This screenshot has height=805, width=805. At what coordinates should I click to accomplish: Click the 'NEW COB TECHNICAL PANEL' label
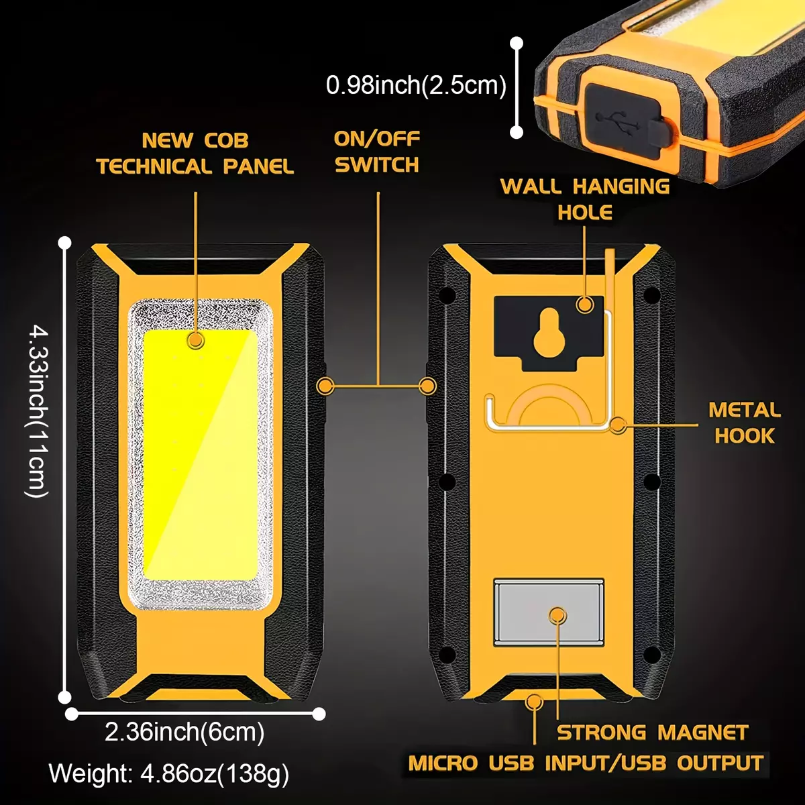point(195,154)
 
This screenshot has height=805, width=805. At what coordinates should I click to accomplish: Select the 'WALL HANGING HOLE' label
point(585,199)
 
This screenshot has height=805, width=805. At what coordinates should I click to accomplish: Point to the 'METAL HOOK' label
point(745,423)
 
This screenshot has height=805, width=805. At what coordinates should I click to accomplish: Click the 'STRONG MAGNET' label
point(653,733)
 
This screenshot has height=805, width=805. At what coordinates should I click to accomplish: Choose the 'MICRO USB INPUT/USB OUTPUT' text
point(586,763)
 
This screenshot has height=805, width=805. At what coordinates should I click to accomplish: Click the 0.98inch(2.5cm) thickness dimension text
point(416,85)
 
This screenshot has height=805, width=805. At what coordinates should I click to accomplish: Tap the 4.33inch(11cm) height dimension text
point(38,413)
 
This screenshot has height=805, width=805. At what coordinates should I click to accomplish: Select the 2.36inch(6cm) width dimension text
point(184,732)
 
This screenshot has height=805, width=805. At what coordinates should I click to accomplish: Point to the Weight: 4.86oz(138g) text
point(169,773)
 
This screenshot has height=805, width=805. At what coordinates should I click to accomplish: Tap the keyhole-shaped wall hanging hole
point(549,333)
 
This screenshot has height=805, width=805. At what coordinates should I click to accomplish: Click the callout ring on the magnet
point(557,615)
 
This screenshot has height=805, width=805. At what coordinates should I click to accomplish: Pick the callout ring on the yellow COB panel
point(195,341)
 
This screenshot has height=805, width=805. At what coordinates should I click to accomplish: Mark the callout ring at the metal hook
point(617,425)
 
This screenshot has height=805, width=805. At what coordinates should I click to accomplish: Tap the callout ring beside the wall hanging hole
point(585,304)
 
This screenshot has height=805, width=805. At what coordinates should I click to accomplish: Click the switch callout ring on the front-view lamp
point(325,386)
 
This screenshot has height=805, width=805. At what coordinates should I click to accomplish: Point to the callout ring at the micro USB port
point(534,702)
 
